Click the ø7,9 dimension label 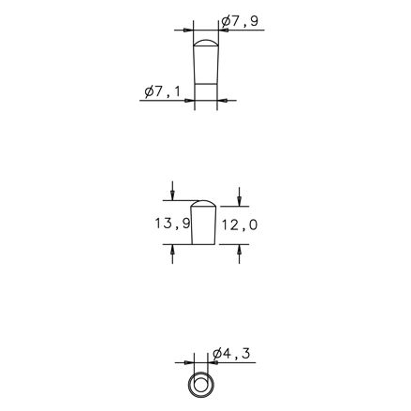[x=240, y=21]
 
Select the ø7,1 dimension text [x=162, y=92]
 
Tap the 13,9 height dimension [x=173, y=224]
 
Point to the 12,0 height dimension [x=240, y=225]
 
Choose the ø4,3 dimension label [x=232, y=353]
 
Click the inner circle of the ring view [x=201, y=386]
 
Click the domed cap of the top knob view [x=206, y=43]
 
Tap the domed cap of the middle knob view [x=204, y=203]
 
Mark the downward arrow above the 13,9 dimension [x=173, y=195]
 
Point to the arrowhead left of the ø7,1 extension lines [x=189, y=100]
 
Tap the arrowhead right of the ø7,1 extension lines [x=222, y=100]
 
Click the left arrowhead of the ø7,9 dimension [x=188, y=30]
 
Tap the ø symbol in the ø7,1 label [x=148, y=92]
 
